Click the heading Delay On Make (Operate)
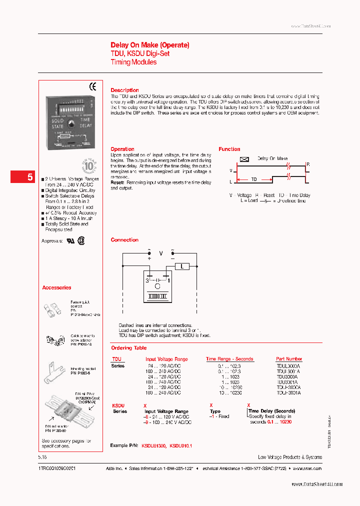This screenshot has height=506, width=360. coord(150,45)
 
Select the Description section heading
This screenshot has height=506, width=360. coord(124,90)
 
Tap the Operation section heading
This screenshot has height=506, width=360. coord(122,149)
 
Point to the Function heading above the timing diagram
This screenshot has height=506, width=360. coord(229,149)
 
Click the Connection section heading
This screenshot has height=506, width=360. coord(124,240)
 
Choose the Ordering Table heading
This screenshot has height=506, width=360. coord(129,348)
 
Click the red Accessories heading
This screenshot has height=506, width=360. coord(56,288)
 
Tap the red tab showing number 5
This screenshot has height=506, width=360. coord(30,177)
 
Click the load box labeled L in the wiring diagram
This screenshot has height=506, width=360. coord(181,267)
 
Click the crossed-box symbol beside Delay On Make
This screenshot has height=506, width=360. coord(244,159)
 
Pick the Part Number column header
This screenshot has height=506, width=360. coord(289,359)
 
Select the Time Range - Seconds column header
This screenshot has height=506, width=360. coord(229,359)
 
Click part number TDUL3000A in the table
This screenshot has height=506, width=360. coord(288,365)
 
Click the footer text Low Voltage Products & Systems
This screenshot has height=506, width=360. coord(289,457)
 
